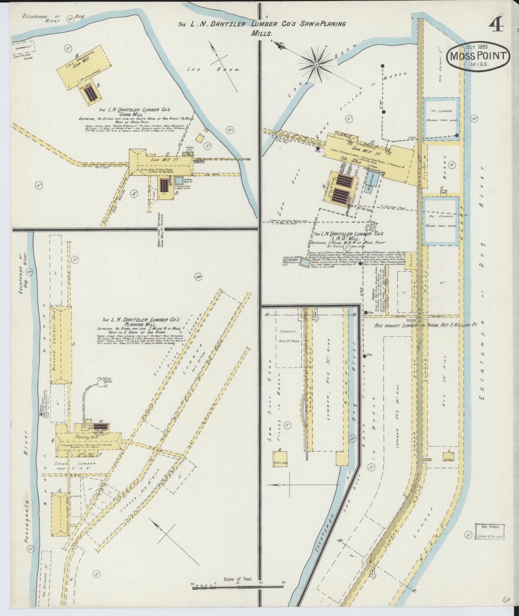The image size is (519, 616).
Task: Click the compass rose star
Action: click(316, 65)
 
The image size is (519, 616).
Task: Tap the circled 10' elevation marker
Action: click(198, 276)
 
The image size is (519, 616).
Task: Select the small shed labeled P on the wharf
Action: click(443, 193)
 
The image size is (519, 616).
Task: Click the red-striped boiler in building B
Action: click(90, 93)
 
